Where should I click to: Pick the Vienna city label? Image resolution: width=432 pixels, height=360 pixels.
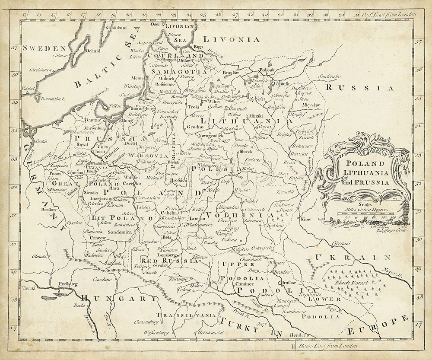pos(28,287)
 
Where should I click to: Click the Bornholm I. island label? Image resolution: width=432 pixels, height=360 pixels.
pos(52,99)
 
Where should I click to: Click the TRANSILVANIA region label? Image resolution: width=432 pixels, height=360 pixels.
pos(186,315)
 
